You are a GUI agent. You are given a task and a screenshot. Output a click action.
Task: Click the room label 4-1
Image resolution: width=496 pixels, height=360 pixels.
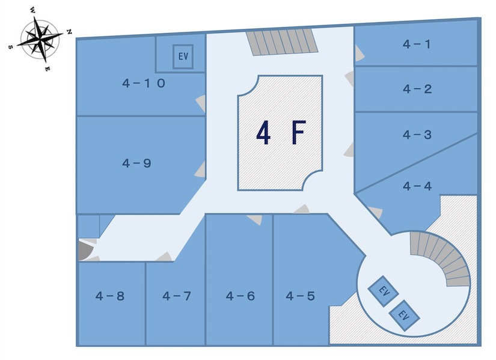pos(417,44)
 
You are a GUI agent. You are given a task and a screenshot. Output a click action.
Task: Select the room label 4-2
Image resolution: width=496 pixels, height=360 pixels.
pos(417,89)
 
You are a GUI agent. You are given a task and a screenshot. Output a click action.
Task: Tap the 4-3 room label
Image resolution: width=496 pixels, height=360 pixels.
pos(417,135)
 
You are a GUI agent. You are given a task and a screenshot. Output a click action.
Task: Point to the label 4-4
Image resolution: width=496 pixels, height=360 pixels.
pos(417,186)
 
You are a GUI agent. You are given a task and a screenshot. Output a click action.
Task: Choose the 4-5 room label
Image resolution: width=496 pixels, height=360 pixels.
pos(300,296)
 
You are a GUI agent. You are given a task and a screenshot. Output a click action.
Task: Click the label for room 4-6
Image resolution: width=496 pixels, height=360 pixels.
pos(240,296)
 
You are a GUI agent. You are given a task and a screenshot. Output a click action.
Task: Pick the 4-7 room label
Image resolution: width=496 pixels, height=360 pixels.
pos(177,296)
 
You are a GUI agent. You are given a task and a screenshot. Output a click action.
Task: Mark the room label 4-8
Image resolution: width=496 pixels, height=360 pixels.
pos(110,296)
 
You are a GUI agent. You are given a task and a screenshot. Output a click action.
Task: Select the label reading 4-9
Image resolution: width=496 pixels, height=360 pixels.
pos(136,163)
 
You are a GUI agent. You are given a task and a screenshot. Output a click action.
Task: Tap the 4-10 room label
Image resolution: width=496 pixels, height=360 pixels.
pos(144,83)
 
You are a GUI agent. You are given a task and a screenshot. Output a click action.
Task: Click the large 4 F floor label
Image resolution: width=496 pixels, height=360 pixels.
pos(281,133)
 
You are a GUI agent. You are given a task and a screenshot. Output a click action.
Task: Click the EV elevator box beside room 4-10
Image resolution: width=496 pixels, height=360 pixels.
pos(183,56)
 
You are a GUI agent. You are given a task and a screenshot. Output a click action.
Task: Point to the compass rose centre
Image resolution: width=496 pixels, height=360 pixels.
pos(39,40)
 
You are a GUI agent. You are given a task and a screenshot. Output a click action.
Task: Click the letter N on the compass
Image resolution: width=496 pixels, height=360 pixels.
pos(69,32)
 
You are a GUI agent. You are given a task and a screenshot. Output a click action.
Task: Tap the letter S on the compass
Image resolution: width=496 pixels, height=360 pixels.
pos(10,47)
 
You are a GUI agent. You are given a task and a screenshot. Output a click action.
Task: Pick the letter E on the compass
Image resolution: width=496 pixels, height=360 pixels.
pos(47,69)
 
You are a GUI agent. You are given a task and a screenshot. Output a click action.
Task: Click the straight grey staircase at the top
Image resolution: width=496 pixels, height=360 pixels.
pos(282,42)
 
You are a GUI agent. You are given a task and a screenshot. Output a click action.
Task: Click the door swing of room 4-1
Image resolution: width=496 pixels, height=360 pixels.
pos(360,53)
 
